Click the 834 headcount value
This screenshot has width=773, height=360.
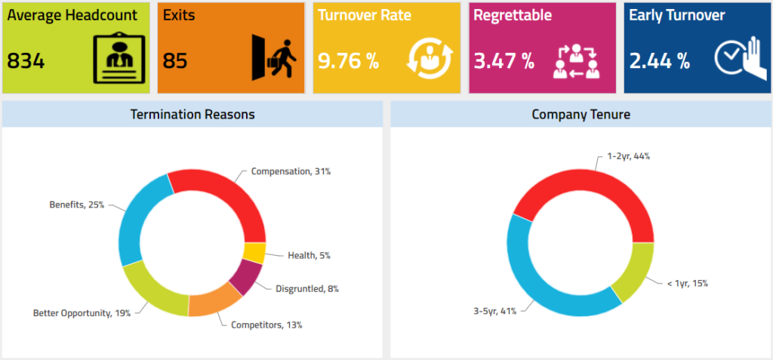[x=26, y=61]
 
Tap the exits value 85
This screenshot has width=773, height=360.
[x=175, y=61]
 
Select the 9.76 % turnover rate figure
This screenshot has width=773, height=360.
[x=347, y=61]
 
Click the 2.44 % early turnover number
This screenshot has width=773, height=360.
[x=660, y=61]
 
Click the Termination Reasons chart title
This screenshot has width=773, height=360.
[x=192, y=115]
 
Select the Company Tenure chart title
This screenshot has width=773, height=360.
[x=581, y=115]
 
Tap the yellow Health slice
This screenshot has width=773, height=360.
[x=254, y=253]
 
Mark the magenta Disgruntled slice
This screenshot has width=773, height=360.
[x=245, y=277]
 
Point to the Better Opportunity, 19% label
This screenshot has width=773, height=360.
[x=82, y=312]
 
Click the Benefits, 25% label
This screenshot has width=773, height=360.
[x=76, y=205]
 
